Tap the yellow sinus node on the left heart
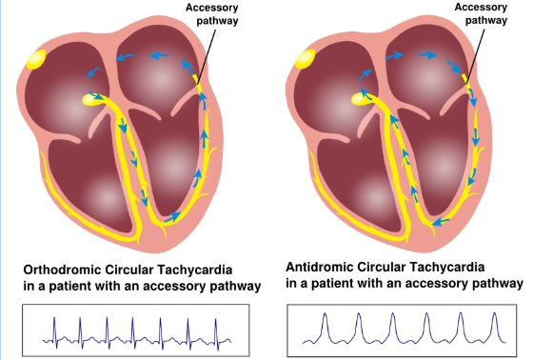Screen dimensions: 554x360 (36, 59)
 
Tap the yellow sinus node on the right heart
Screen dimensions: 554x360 (306, 59)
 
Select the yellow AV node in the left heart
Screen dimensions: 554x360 (92, 99)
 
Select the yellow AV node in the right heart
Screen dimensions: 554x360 (361, 98)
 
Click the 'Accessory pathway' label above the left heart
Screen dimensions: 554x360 (212, 14)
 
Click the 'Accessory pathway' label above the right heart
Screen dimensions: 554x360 (481, 13)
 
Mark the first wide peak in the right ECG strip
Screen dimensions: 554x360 (325, 327)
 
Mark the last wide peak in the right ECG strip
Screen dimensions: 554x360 (495, 327)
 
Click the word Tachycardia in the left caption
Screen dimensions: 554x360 (195, 270)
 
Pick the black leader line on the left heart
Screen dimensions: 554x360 (207, 56)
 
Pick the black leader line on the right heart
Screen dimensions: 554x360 (475, 56)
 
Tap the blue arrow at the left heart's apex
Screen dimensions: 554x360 (172, 217)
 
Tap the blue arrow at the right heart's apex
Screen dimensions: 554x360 (440, 222)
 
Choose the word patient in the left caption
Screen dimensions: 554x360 (70, 286)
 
